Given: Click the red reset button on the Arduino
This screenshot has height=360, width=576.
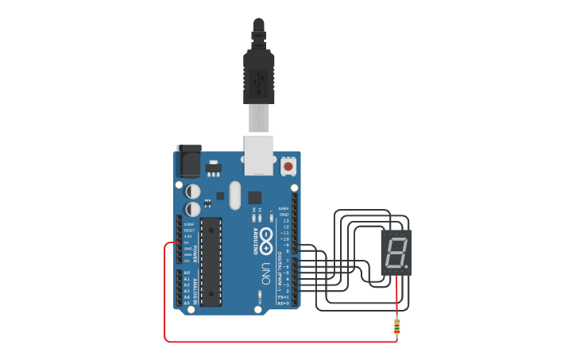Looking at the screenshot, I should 288,167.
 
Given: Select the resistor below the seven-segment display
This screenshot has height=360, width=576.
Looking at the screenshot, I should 396,326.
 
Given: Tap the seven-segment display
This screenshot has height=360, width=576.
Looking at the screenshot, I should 396,254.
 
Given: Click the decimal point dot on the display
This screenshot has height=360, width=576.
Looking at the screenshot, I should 406,267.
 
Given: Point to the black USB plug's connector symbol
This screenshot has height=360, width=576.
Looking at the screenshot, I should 258,79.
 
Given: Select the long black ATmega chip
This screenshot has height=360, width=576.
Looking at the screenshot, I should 211,261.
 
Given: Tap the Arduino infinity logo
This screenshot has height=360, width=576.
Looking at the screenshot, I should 267,237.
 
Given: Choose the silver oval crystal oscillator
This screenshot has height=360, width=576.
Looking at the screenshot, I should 234,195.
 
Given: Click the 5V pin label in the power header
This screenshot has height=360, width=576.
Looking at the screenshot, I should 187,242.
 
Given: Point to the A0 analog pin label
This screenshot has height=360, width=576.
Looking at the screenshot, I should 187,273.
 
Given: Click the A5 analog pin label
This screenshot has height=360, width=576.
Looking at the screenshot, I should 187,303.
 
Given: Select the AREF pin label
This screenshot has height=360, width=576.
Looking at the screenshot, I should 283,208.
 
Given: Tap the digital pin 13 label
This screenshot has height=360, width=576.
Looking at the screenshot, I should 284,220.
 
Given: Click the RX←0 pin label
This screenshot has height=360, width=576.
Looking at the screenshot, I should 283,304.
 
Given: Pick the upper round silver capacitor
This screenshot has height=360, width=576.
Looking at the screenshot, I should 193,191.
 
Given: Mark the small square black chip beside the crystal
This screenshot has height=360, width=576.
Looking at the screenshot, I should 254,197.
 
